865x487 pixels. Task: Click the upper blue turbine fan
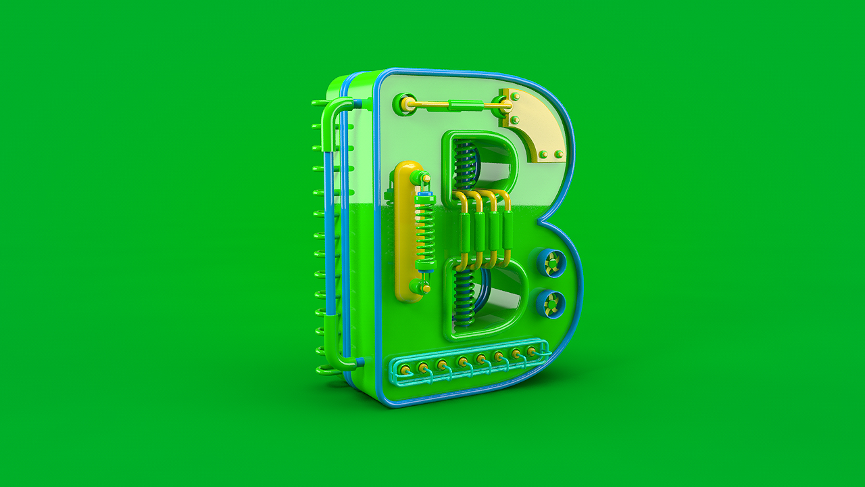pos(551,264)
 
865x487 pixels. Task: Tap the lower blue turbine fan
pos(551,304)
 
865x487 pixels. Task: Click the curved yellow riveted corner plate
pos(534,123)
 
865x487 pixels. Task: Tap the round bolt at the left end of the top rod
pos(405,103)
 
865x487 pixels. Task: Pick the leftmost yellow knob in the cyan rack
pos(405,370)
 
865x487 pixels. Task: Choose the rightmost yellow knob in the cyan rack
pos(532,351)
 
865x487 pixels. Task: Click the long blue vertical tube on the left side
pos(329,233)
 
